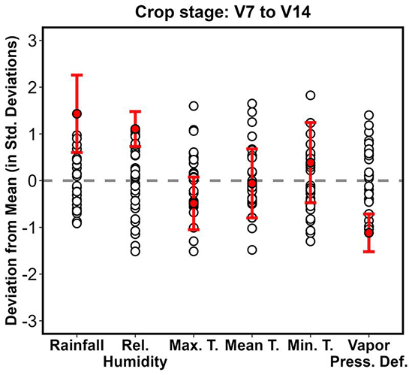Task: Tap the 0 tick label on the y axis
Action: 32,180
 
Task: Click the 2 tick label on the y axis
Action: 32,87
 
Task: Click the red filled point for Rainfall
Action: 77,113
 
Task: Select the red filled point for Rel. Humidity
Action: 135,129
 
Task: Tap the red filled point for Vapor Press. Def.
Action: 368,232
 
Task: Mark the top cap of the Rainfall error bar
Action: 77,75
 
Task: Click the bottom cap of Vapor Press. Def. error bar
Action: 368,251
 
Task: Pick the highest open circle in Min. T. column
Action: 310,95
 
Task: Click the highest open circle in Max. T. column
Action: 194,106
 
